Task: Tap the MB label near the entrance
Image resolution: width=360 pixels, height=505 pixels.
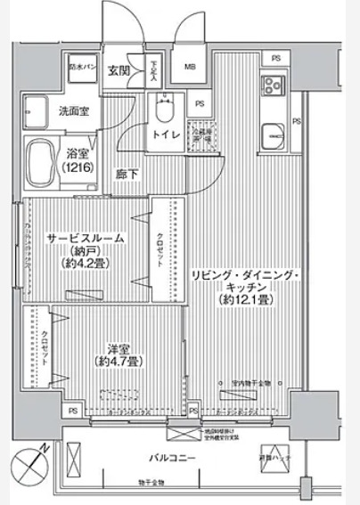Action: [x=190, y=68]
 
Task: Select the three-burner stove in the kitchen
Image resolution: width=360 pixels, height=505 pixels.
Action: [x=272, y=86]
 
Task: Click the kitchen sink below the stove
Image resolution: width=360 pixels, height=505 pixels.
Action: [x=272, y=138]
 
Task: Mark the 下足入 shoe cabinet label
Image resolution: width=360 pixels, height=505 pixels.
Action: [x=153, y=70]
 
